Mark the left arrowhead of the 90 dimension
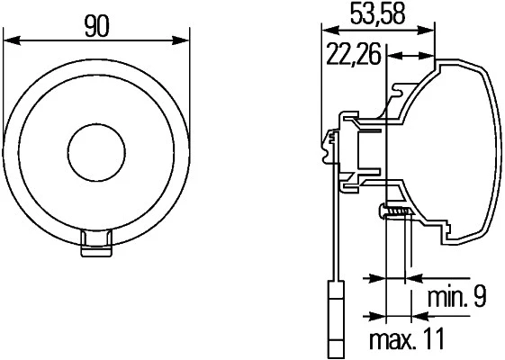click(12, 40)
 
